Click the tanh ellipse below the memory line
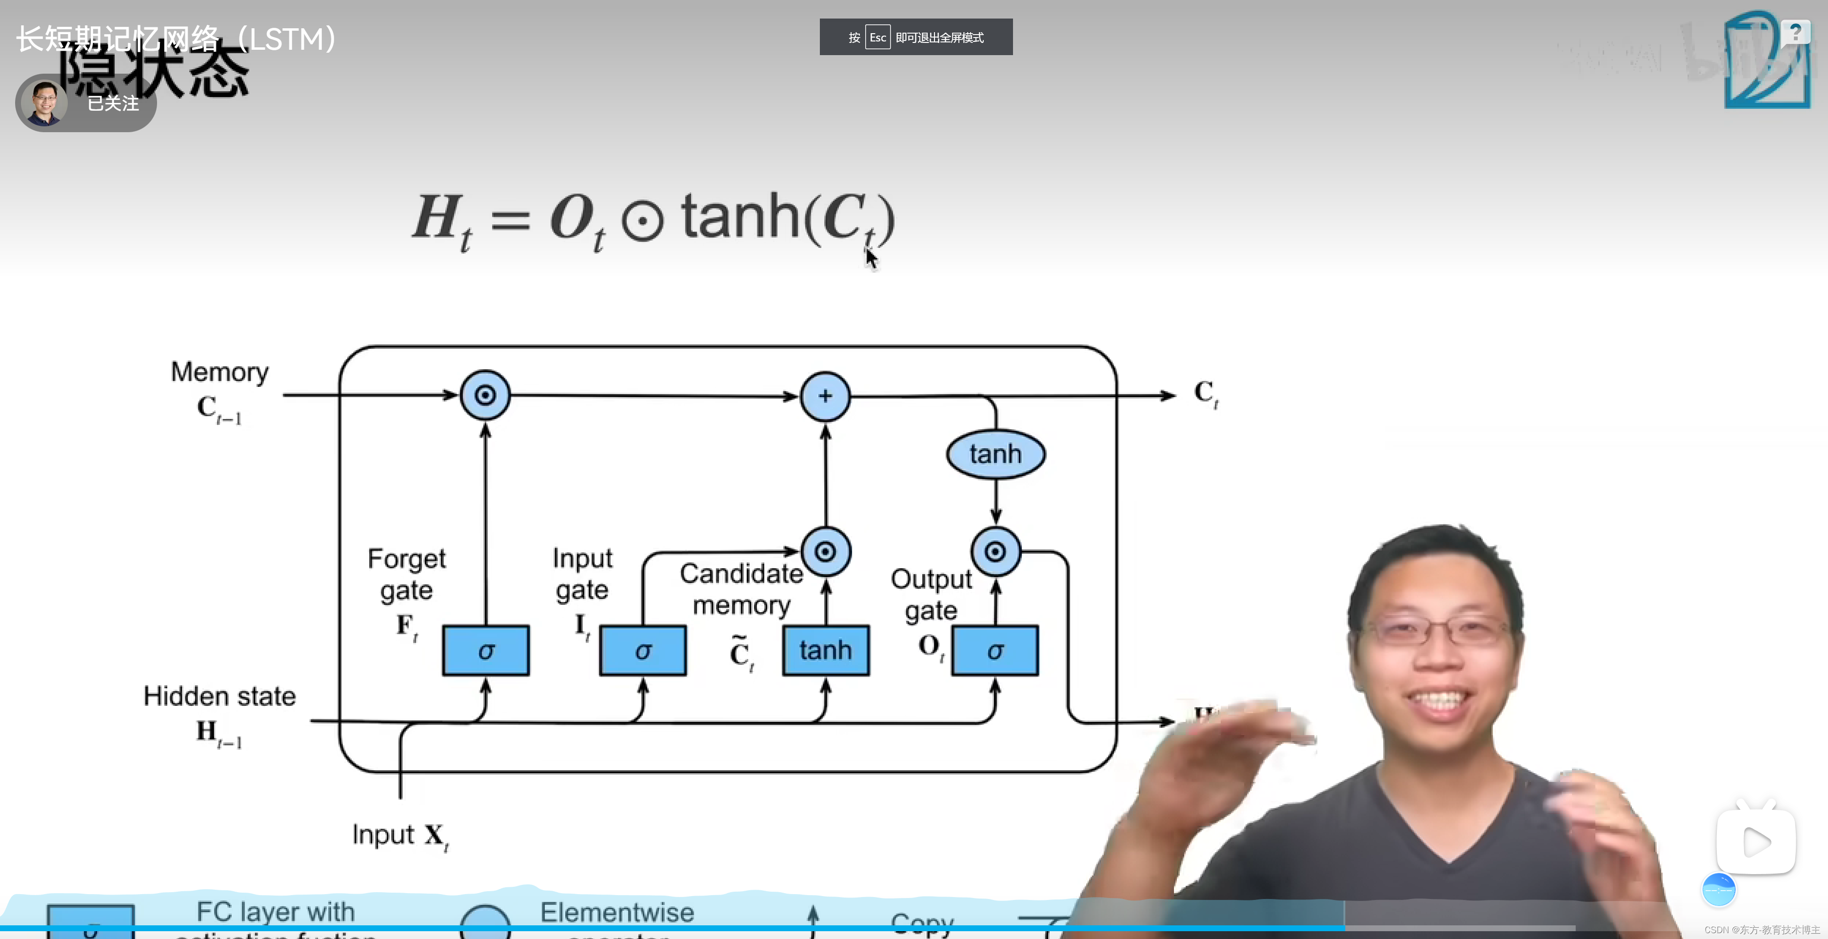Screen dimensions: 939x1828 click(x=995, y=454)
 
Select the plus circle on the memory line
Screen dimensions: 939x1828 click(x=825, y=396)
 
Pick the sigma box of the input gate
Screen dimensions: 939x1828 click(x=642, y=650)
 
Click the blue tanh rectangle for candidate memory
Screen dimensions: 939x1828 click(x=825, y=650)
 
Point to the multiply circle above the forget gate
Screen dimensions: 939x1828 click(x=485, y=395)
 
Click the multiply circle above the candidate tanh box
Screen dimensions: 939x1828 click(x=825, y=552)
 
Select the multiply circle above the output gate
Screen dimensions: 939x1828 click(x=995, y=552)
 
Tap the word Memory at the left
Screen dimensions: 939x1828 click(x=220, y=372)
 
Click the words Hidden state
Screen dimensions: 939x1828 click(x=219, y=696)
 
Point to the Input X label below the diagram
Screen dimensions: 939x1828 click(x=399, y=836)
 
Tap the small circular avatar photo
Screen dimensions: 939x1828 click(x=44, y=103)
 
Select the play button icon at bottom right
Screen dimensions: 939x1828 click(x=1756, y=842)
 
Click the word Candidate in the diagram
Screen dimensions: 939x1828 click(x=741, y=574)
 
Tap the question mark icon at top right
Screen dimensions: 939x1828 click(x=1795, y=32)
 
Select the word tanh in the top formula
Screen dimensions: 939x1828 click(x=740, y=217)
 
